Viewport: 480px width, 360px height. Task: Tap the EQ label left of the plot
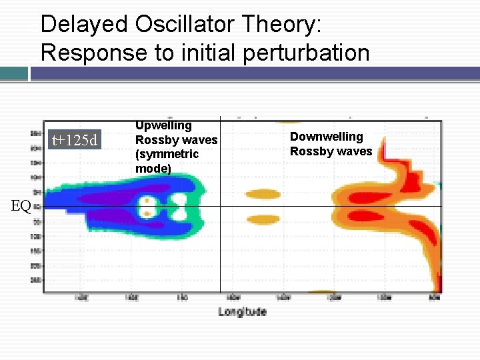21,206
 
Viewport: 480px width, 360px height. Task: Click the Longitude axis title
242,311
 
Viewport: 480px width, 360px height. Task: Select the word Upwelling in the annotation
163,125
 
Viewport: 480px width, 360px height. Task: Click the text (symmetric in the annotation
167,154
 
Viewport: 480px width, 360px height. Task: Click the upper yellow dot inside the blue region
146,200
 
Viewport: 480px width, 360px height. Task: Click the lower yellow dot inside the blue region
146,213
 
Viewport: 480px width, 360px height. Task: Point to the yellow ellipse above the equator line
263,195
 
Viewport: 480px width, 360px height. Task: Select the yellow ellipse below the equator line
263,219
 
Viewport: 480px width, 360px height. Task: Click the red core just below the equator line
363,216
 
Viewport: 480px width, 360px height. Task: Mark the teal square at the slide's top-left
14,73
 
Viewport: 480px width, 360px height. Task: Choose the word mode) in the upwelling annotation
153,169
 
